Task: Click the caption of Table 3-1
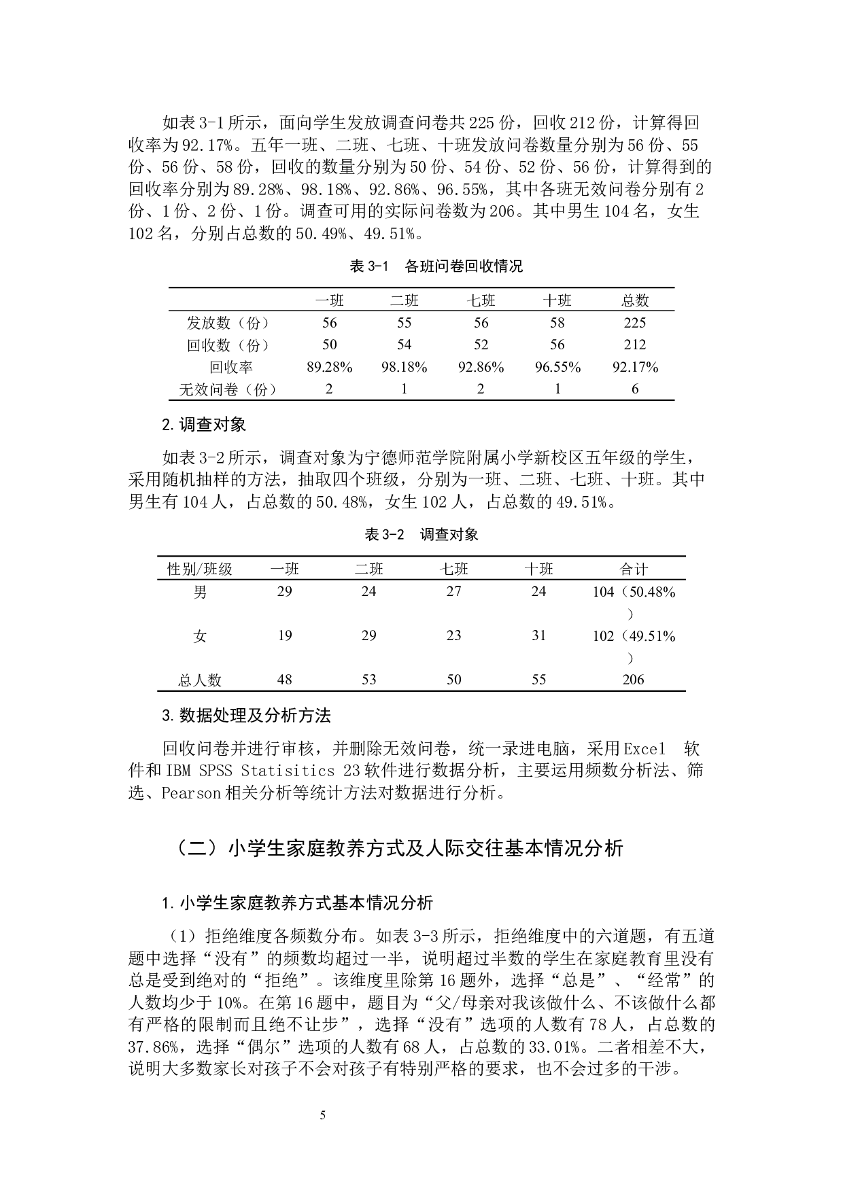tap(436, 266)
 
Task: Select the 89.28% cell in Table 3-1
tap(330, 367)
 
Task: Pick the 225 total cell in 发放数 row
tap(634, 323)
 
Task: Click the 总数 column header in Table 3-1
tap(634, 300)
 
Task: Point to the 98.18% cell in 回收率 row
tap(404, 367)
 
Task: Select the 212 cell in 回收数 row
tap(634, 345)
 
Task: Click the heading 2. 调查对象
tap(204, 425)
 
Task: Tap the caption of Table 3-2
tap(421, 534)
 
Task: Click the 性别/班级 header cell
tap(200, 569)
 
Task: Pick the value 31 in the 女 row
tap(538, 635)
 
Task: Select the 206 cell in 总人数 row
tap(633, 680)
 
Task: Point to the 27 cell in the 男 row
tap(453, 591)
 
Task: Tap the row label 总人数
tap(200, 680)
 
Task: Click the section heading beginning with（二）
tap(399, 848)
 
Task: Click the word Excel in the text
tap(644, 750)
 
